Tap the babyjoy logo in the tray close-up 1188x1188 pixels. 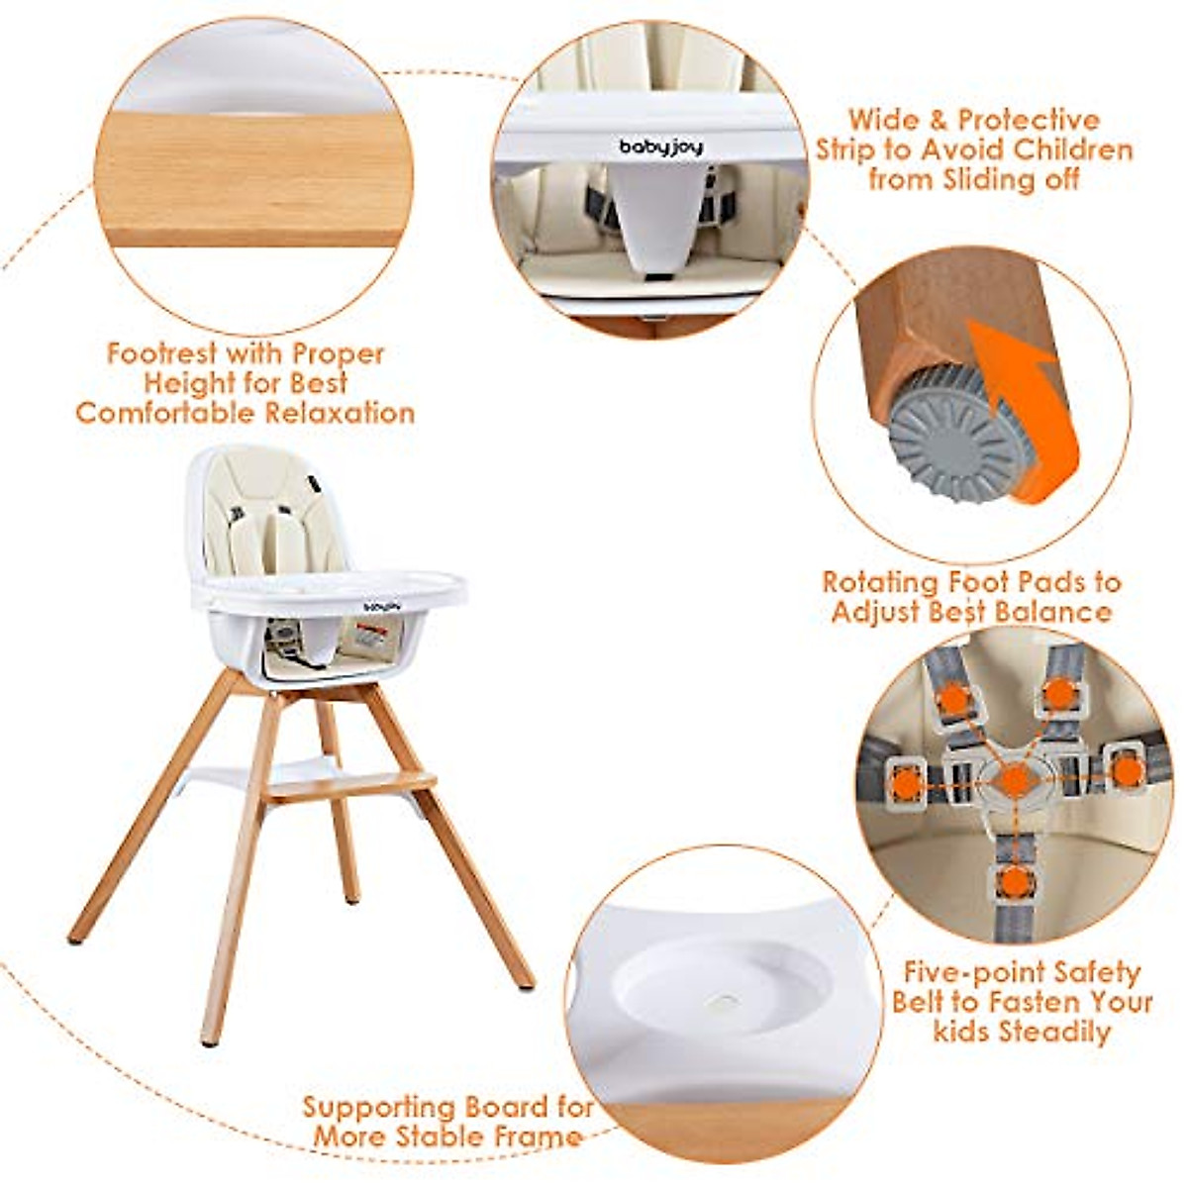661,148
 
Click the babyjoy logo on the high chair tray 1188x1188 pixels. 381,605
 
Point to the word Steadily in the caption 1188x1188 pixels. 1053,1033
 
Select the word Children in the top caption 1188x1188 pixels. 1068,150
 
